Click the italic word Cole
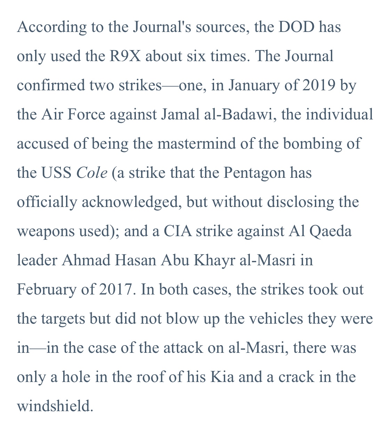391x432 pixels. pyautogui.click(x=92, y=173)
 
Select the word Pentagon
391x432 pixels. pyautogui.click(x=254, y=173)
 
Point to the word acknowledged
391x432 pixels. pyautogui.click(x=130, y=202)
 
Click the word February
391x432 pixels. pyautogui.click(x=46, y=290)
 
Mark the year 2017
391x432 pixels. pyautogui.click(x=113, y=290)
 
